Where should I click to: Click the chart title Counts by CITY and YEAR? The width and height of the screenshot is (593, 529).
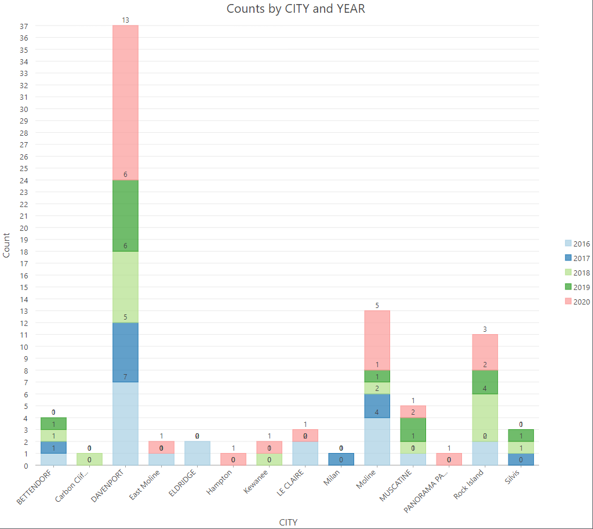[296, 9]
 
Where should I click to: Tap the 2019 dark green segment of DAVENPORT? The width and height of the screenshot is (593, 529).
[125, 215]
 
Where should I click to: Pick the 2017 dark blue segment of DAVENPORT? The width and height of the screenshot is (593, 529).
[125, 352]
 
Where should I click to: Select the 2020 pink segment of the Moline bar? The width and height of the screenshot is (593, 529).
[377, 340]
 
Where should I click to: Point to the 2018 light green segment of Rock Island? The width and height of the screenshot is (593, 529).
[485, 417]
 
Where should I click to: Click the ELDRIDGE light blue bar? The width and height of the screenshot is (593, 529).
[197, 453]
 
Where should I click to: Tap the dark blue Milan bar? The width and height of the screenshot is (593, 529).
[341, 459]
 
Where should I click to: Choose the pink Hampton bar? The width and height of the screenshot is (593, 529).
[233, 459]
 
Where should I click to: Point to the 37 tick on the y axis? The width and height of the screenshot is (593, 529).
[24, 26]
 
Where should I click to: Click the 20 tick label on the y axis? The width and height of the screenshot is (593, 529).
[24, 227]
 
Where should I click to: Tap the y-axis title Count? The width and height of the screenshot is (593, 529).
[7, 245]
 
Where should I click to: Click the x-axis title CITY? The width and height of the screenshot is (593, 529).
[288, 522]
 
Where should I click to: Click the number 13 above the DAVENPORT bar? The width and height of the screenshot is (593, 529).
[125, 20]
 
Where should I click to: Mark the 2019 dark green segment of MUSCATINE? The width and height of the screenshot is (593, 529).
[413, 429]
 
